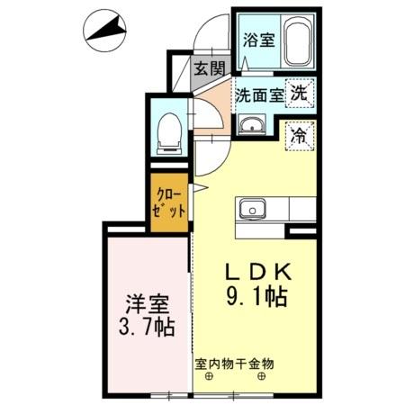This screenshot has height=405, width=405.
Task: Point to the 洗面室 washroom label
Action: point(259,94)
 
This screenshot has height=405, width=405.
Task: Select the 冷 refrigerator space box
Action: point(300,137)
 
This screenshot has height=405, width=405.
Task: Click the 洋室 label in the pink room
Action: point(145,302)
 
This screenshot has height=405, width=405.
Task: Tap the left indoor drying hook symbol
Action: point(209,377)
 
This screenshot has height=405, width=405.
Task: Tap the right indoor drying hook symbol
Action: point(262,377)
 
